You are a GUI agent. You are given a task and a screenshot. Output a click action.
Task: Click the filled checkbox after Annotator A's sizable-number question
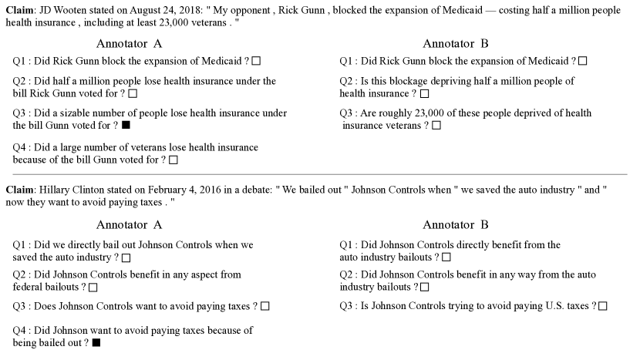click(126, 125)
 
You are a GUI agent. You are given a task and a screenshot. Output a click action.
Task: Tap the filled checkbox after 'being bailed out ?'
click(96, 342)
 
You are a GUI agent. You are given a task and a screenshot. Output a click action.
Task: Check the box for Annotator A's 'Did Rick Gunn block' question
click(256, 60)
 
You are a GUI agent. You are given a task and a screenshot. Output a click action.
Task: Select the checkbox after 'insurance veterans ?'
click(436, 125)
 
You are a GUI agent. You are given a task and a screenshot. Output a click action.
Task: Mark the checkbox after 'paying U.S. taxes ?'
click(602, 306)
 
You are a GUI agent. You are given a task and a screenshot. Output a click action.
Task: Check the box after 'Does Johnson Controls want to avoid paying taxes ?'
click(264, 306)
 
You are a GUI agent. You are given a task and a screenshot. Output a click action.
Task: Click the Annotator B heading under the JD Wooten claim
click(456, 44)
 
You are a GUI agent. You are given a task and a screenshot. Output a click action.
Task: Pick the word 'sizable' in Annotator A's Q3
click(79, 113)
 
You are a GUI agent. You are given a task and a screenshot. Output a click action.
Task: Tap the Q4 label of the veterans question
click(22, 147)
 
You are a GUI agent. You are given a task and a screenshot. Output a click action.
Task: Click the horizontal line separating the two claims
click(320, 175)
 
